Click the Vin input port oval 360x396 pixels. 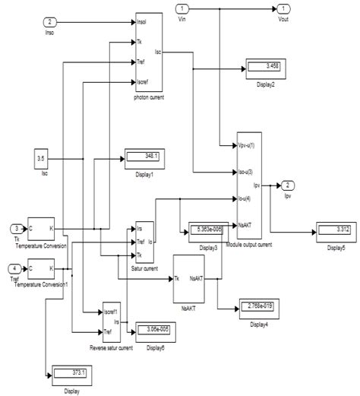pos(182,9)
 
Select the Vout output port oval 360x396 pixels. pos(281,9)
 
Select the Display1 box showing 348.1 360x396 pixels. pos(145,157)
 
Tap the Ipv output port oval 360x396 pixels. pos(289,185)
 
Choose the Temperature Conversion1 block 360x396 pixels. pos(41,268)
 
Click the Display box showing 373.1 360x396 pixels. pos(71,373)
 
